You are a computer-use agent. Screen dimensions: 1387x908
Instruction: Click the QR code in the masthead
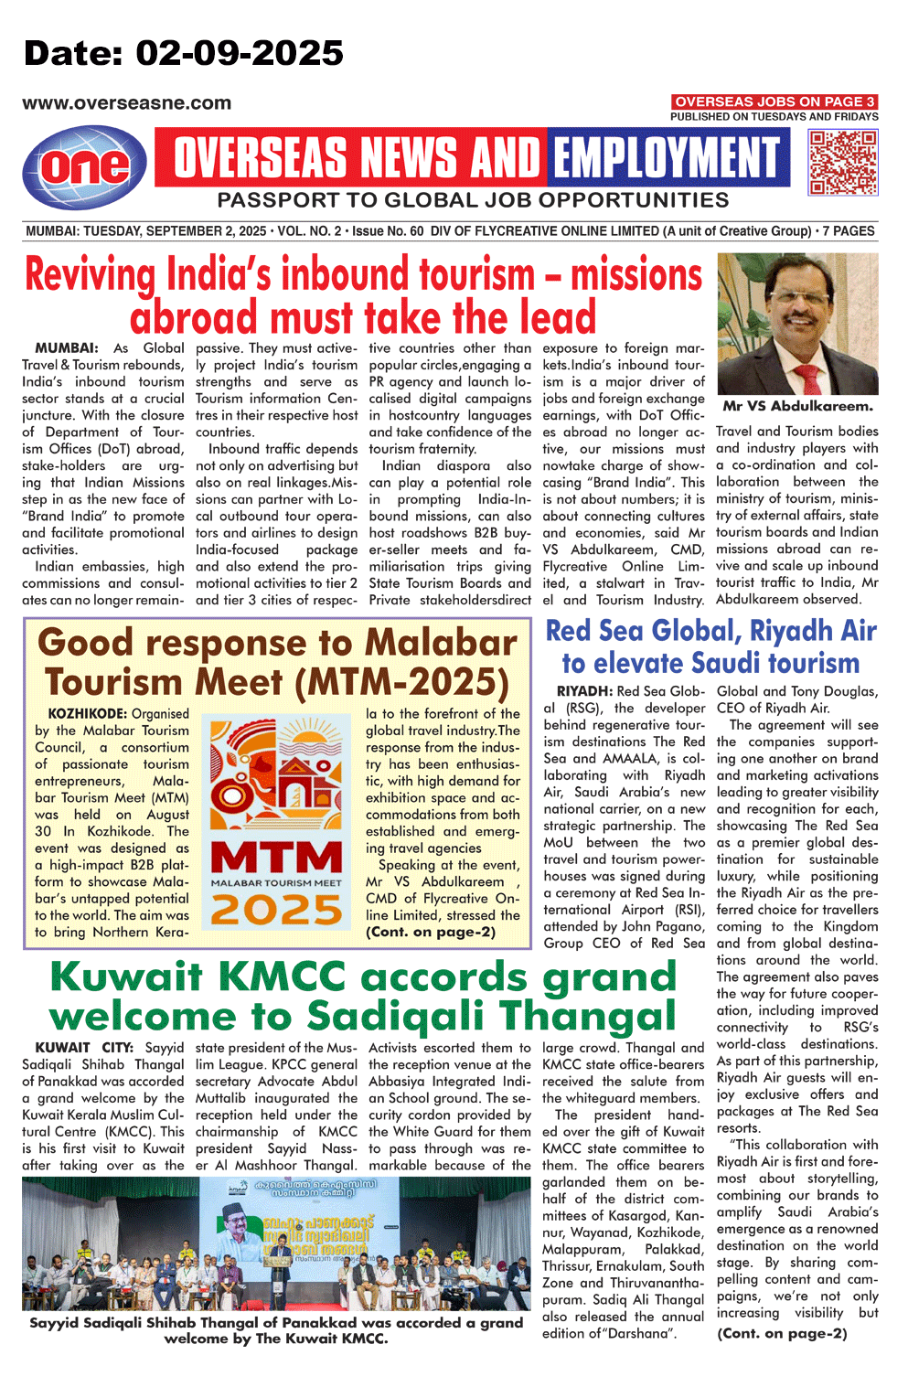click(x=842, y=162)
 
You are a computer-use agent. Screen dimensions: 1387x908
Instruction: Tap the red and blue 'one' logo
click(x=84, y=166)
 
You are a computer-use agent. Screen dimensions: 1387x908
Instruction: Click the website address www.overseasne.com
click(x=126, y=103)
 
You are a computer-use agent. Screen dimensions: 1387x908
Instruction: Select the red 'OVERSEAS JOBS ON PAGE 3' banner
click(x=774, y=101)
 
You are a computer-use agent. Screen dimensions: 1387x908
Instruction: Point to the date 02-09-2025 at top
click(x=240, y=53)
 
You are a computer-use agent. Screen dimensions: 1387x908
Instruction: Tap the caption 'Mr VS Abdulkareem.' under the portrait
click(x=797, y=406)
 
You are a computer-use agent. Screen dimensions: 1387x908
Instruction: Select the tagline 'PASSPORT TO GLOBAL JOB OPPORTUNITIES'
click(x=473, y=200)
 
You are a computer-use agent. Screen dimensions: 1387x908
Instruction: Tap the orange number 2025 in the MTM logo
click(x=276, y=911)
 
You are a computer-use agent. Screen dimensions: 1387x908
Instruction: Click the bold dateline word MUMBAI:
click(x=66, y=348)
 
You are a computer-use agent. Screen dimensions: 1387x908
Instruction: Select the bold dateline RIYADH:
click(x=584, y=691)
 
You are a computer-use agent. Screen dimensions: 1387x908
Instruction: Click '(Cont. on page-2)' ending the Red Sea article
click(x=782, y=1333)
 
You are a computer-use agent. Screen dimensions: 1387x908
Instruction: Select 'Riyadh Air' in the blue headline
click(x=812, y=631)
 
